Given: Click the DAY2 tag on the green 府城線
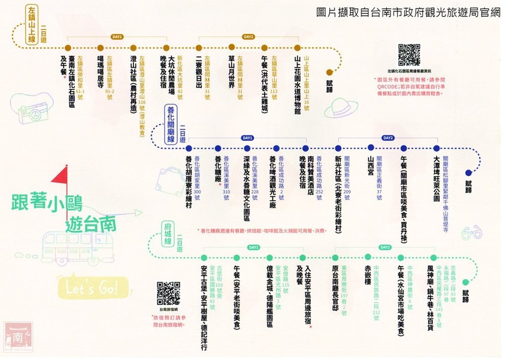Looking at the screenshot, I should point(384,247).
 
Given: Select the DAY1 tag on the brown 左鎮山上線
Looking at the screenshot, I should point(117,37).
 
